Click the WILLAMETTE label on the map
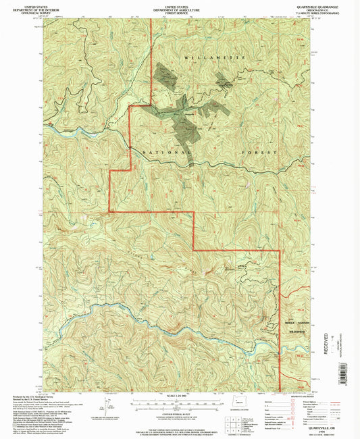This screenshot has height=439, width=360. point(207,60)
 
